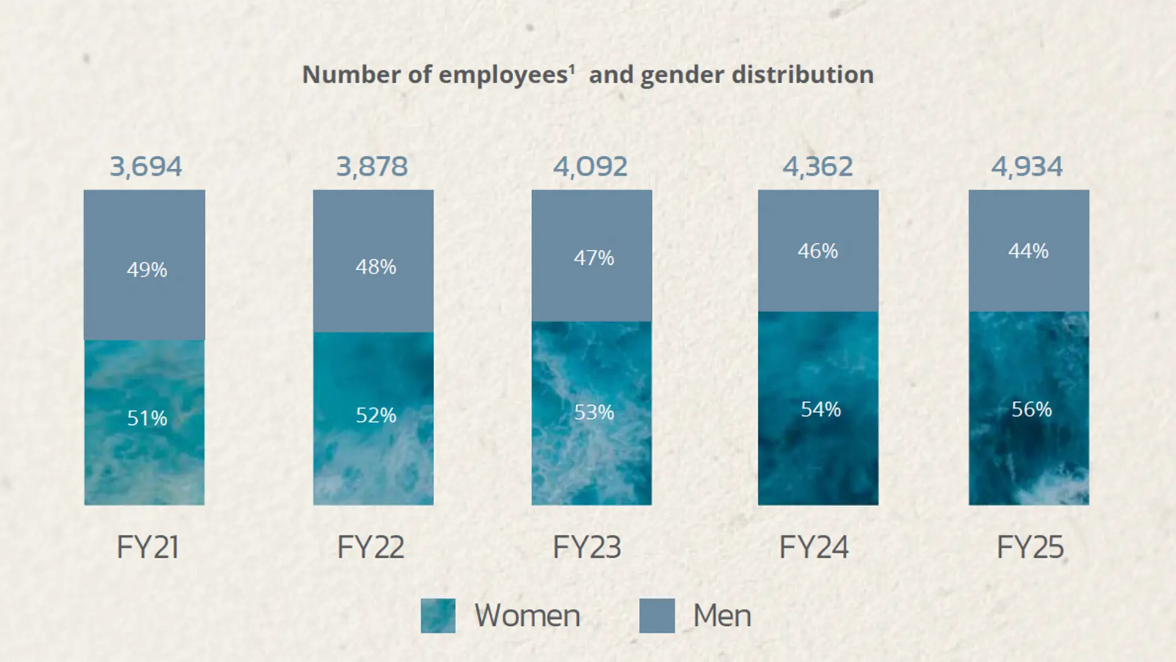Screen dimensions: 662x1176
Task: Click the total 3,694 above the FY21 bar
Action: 146,167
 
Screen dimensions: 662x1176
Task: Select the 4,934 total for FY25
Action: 1027,167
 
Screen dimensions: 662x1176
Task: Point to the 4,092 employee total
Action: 590,167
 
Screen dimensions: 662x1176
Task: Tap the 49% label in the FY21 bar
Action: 147,270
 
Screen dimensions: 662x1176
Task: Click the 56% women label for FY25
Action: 1031,409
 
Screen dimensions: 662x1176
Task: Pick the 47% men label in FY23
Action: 594,258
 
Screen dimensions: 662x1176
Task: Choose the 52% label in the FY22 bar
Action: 376,416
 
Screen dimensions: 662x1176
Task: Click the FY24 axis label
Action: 813,547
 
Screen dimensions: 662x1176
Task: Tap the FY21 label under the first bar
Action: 148,547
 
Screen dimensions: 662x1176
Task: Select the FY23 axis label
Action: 587,547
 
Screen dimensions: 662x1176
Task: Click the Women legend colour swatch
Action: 438,615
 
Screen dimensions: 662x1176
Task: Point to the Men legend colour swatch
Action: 657,615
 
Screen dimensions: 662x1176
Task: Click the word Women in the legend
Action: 527,615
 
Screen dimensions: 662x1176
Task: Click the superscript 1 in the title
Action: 572,69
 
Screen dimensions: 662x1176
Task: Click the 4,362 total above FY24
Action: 818,167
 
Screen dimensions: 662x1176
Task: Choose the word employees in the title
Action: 503,75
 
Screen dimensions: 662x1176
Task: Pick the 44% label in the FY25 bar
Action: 1028,251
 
